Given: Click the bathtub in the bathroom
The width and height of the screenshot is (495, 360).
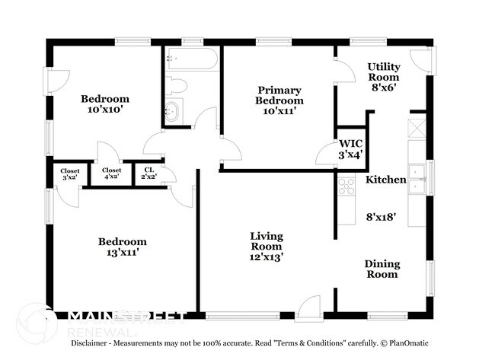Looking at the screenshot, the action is (192, 59).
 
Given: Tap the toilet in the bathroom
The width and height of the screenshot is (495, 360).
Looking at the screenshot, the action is (176, 85).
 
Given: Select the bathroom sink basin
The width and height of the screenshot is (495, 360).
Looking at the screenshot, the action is (172, 111).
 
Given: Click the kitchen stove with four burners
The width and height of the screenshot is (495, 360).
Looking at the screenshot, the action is (346, 186).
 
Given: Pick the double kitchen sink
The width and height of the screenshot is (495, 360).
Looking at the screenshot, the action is (417, 179).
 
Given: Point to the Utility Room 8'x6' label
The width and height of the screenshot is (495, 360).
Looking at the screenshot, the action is (384, 77).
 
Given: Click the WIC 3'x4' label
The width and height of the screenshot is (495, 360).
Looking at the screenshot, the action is (350, 149).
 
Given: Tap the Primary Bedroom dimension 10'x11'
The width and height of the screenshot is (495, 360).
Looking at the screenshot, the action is (279, 111).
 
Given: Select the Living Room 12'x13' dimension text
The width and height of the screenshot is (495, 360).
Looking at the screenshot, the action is (266, 257).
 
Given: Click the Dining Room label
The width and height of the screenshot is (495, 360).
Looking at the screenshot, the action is (382, 269).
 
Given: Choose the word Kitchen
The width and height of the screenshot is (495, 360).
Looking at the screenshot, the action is (386, 180).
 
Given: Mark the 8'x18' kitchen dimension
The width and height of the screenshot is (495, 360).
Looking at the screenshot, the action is (381, 217).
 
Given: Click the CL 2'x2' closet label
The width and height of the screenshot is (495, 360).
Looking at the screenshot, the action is (149, 174).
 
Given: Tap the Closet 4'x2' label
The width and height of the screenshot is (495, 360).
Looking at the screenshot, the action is (111, 174).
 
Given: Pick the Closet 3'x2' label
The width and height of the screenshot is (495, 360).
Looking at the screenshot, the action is (70, 174).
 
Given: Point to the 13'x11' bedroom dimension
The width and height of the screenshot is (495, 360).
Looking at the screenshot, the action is (123, 252).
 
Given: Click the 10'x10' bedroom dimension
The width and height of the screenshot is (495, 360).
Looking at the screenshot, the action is (105, 110).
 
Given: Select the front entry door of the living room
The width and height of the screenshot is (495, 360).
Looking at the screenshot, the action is (309, 308).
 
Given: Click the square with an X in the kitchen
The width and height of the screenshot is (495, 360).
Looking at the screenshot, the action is (417, 129).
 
